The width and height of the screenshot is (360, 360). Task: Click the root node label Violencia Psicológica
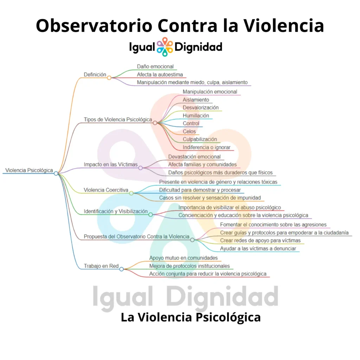29,170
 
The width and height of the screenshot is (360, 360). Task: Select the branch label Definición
95,75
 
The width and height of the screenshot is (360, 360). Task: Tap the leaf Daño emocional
155,66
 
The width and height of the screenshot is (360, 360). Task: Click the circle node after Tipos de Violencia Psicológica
155,123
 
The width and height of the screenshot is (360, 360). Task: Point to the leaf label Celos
189,131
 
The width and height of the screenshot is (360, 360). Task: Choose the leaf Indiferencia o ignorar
206,147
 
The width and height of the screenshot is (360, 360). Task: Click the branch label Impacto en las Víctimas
111,165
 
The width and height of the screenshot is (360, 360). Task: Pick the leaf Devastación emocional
194,156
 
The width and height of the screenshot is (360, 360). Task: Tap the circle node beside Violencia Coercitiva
131,193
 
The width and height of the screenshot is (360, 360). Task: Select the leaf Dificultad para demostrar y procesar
200,190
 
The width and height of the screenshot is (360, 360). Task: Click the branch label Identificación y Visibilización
116,211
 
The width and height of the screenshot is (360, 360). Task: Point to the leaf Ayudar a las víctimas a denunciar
258,249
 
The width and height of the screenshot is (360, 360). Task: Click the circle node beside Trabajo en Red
121,269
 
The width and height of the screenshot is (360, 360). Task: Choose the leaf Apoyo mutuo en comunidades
184,258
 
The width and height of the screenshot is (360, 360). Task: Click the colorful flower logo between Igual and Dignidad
165,47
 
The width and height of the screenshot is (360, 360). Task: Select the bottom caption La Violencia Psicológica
191,317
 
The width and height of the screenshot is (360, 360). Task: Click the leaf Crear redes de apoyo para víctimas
261,240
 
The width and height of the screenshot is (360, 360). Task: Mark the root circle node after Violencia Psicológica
56,173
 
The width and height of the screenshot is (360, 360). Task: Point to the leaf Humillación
196,115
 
